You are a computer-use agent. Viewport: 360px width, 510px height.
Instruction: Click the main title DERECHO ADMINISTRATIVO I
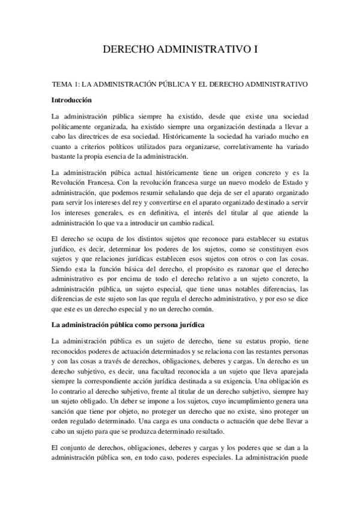pyautogui.click(x=180, y=51)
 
